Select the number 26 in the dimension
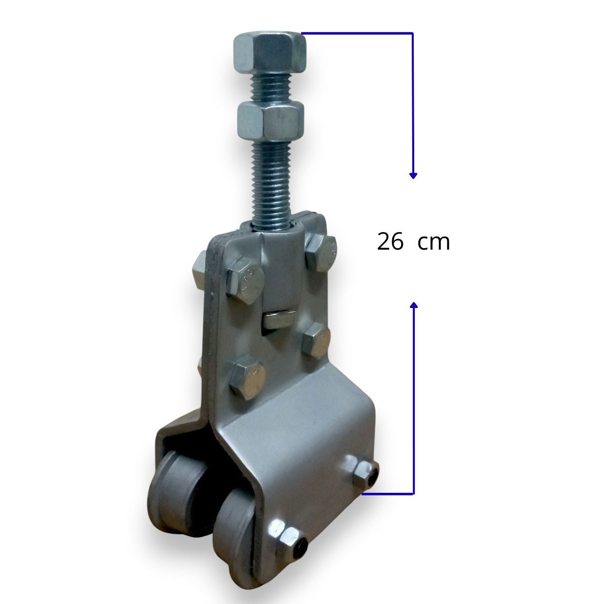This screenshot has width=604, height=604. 390,243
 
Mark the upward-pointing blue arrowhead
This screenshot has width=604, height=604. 414,306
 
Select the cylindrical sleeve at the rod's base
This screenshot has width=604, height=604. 281,267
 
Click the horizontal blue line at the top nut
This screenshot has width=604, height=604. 357,33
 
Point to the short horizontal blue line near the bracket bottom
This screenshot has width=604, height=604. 388,494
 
